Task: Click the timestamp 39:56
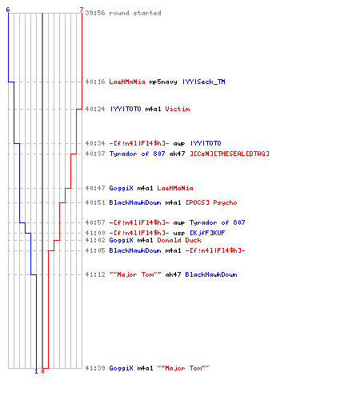95,13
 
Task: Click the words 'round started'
135,13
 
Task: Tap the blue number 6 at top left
8,10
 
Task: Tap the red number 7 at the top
82,10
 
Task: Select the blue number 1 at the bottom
36,371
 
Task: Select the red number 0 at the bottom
42,371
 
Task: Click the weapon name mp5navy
163,82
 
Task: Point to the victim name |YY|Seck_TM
204,82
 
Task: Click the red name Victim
178,109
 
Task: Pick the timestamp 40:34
95,143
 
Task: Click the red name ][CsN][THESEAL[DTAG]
230,154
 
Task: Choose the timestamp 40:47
95,188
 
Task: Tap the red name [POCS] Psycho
211,202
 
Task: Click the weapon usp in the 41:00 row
179,233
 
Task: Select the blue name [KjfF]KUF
207,233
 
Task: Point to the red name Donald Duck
179,240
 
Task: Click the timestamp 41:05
95,250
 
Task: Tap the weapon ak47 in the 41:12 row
173,274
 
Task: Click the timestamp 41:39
95,368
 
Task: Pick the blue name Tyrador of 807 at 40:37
137,154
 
